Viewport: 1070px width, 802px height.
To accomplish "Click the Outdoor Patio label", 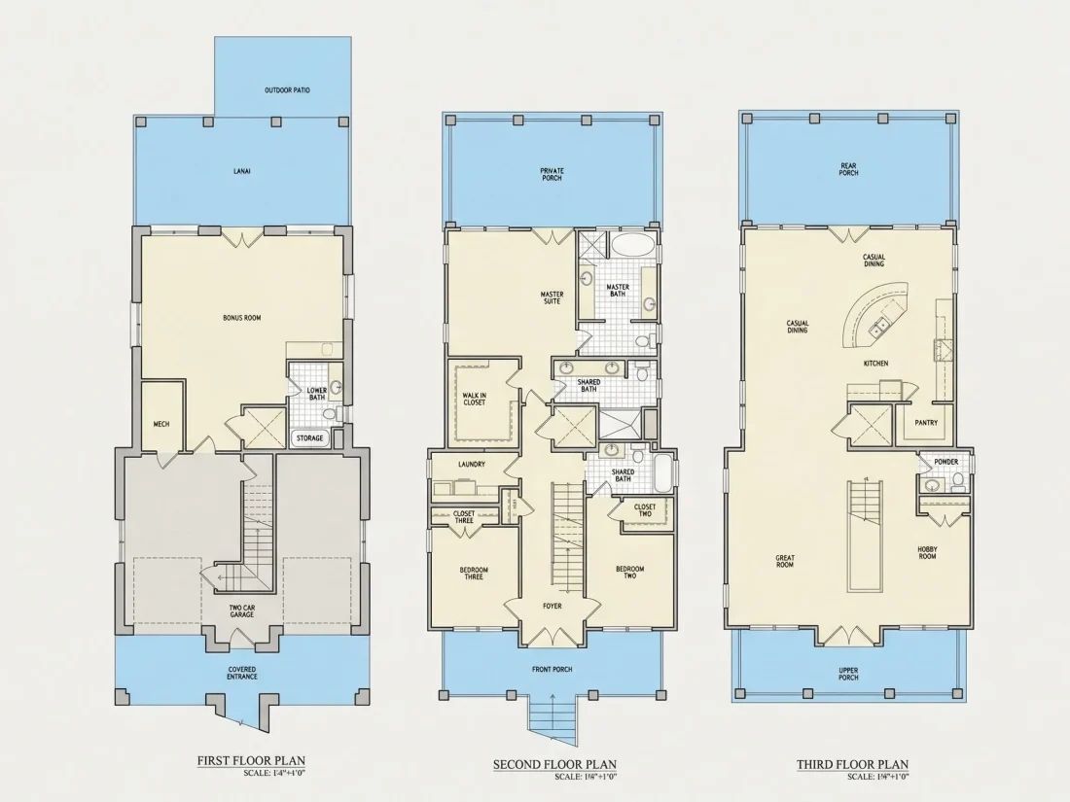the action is point(287,90).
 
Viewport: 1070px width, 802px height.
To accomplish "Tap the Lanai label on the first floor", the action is point(241,170).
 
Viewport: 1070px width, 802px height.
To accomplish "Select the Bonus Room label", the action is point(241,318).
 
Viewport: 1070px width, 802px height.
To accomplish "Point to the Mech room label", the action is point(161,424).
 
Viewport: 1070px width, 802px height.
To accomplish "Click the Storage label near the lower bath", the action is point(309,437).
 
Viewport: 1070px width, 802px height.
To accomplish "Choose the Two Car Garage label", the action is point(241,610).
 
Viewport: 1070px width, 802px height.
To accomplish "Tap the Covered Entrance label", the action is point(242,673).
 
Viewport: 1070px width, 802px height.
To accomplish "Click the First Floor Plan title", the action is point(251,761).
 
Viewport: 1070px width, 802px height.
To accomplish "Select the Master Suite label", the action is point(553,298).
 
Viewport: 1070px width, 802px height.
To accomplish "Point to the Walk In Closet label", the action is point(475,399).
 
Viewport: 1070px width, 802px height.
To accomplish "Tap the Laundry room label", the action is point(472,465).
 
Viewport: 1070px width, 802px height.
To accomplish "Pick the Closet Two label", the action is point(645,510).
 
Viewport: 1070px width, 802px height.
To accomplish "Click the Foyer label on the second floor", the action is point(553,606).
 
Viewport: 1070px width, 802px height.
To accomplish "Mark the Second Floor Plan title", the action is point(554,765).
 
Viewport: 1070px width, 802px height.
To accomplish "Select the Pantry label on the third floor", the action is point(926,423).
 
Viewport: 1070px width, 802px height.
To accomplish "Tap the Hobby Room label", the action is point(927,552).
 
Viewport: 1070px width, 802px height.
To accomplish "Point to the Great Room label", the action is point(785,561).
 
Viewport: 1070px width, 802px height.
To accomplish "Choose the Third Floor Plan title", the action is point(852,765).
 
